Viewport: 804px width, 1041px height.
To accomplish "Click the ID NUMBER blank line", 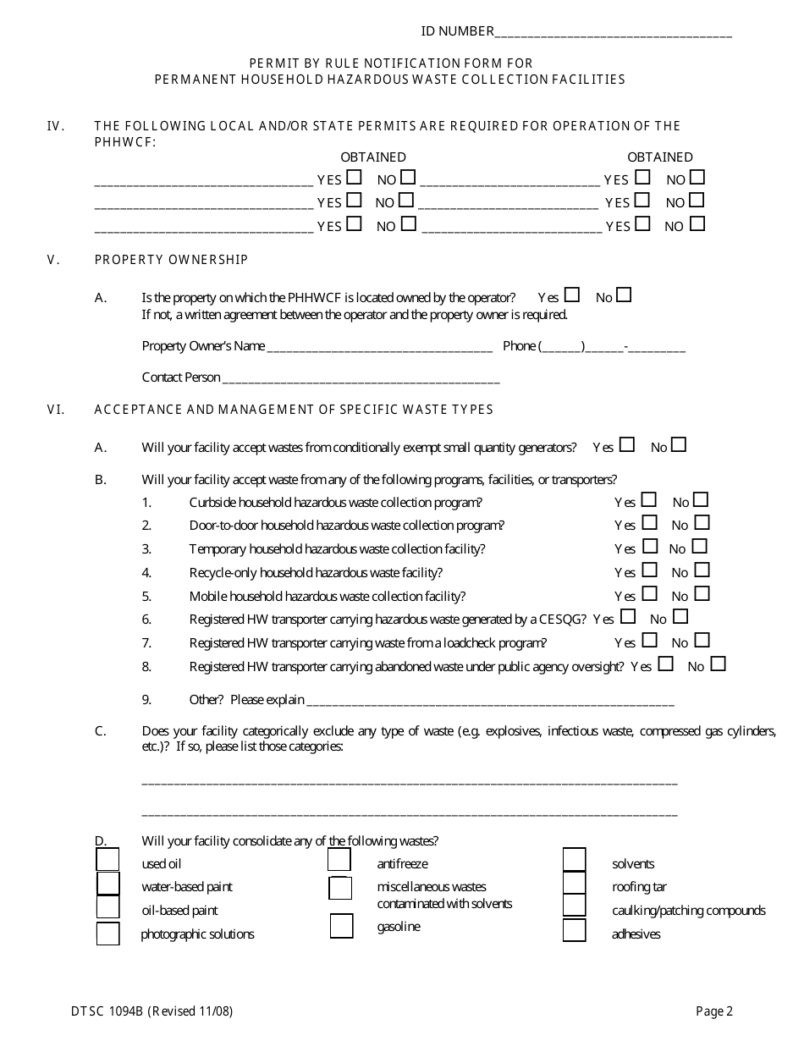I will [x=613, y=34].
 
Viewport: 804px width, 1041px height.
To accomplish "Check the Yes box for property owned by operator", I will [x=572, y=295].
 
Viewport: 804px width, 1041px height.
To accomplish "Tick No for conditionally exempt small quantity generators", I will [x=679, y=445].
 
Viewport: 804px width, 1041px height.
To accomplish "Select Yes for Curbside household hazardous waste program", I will [x=649, y=500].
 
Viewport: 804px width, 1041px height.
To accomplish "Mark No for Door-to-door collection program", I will [x=701, y=523].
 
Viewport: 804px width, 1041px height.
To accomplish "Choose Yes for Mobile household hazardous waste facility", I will [x=649, y=594].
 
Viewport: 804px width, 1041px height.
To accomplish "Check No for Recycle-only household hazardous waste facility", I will [x=701, y=570].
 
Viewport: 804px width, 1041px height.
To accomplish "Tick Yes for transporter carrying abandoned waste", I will [x=666, y=664].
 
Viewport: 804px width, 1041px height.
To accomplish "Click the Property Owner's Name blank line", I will [x=379, y=348].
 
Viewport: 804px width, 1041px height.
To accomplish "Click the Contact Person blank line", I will [x=361, y=379].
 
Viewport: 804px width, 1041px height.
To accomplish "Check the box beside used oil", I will [x=107, y=860].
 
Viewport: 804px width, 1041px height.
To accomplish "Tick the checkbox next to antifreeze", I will [x=339, y=861].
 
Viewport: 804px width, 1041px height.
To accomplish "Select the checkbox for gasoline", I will [x=341, y=927].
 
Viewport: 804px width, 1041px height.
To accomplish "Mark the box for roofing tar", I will [x=574, y=884].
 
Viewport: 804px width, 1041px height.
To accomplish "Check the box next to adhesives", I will [x=574, y=931].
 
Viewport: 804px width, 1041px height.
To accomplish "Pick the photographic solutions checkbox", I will [x=107, y=934].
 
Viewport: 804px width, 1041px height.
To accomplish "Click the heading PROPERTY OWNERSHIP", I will [x=172, y=260].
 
